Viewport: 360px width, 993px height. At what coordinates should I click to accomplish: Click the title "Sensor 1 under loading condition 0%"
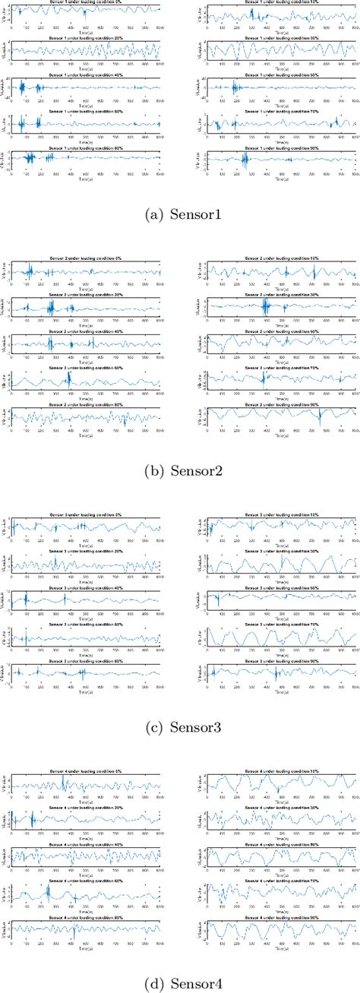coord(86,3)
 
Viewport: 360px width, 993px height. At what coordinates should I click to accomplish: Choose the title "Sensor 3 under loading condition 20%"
coord(86,552)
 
